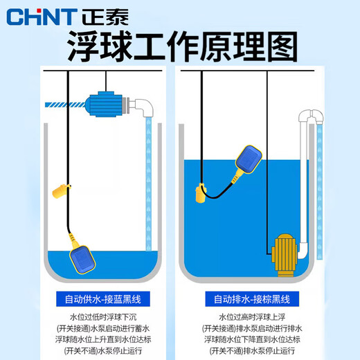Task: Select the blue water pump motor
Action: [x=105, y=103]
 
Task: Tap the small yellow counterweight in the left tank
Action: [x=62, y=189]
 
